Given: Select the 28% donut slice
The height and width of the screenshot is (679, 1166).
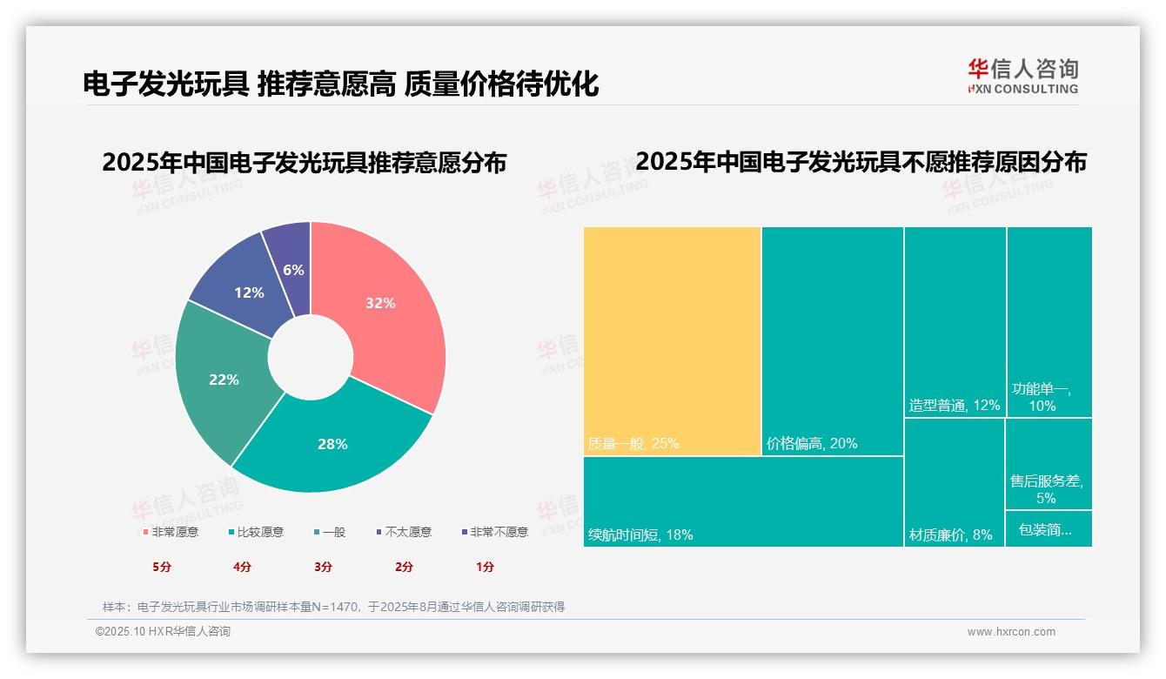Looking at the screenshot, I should coord(332,444).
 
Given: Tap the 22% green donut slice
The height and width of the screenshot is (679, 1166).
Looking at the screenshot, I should coord(223,380).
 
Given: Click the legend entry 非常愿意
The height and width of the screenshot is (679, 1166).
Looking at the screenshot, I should coord(171,532).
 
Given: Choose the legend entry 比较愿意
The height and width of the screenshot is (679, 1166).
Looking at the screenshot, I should coord(256,532).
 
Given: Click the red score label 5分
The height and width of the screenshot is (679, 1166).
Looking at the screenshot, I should coord(162,567).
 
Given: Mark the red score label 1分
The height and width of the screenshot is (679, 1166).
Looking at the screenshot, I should coord(485,567).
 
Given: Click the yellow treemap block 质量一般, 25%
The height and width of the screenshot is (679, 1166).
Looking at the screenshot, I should coord(672,340).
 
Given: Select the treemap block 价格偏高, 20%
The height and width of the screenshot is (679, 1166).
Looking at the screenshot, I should coord(833,340).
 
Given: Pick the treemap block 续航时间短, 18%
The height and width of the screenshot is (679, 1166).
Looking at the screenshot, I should coord(743,501).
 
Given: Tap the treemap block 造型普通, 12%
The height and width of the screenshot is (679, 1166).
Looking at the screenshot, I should coord(955,322).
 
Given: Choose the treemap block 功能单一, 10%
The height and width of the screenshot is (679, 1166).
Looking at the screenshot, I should coord(1049,322).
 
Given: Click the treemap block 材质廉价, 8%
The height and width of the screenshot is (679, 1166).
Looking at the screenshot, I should coord(954,483).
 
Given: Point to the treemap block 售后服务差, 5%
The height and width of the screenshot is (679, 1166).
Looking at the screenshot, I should coord(1049,464).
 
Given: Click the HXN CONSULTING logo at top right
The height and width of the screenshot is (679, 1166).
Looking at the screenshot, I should coord(1022,77).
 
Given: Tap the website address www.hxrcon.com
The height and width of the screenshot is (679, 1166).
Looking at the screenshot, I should coord(1011,632).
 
